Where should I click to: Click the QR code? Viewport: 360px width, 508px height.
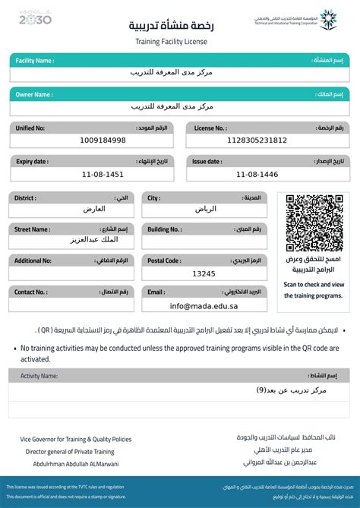(x=314, y=222)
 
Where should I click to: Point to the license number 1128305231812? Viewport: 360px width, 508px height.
(x=257, y=140)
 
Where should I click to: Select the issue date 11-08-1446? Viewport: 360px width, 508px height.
(x=257, y=175)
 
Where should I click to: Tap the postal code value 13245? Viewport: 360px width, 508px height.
(x=204, y=273)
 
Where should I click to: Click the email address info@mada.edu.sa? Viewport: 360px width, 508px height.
(x=204, y=306)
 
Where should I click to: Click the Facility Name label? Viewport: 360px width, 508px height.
(x=34, y=60)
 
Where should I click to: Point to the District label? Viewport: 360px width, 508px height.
(x=25, y=198)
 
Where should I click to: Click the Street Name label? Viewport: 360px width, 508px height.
(x=31, y=229)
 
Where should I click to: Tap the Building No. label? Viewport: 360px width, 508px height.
(x=164, y=229)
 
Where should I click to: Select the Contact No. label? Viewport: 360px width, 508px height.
(x=30, y=292)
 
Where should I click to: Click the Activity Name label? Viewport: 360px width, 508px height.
(x=39, y=376)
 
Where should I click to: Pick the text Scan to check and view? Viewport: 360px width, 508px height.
(x=314, y=285)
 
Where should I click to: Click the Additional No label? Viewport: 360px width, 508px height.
(x=33, y=260)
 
